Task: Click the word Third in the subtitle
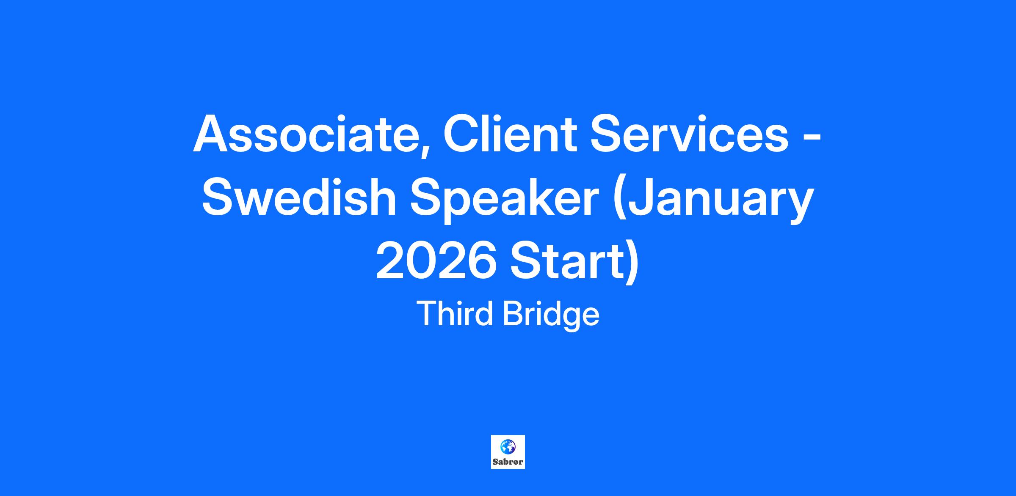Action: (x=456, y=314)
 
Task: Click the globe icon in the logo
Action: (x=508, y=447)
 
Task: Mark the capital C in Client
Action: (x=461, y=134)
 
